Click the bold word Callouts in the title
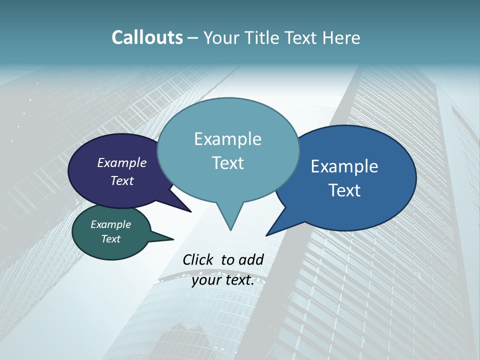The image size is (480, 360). [x=147, y=37]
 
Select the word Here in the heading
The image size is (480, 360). [x=339, y=37]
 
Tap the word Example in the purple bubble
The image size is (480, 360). [x=122, y=162]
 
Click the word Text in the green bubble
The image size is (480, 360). [x=111, y=239]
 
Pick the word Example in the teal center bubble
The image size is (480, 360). [x=228, y=139]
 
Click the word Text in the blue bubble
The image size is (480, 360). [x=344, y=190]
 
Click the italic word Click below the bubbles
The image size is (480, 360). [x=197, y=259]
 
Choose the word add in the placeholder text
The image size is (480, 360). [x=251, y=259]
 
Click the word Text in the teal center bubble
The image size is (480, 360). [x=228, y=163]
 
